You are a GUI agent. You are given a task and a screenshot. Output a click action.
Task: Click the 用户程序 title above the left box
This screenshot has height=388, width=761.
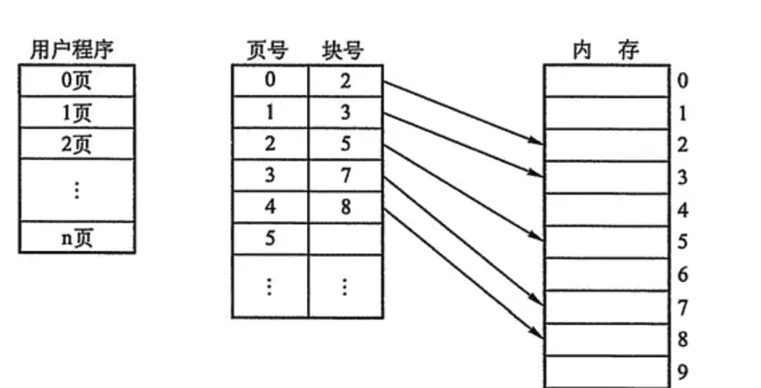(x=72, y=50)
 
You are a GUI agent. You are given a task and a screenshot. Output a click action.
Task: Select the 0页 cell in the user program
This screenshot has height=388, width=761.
(x=77, y=81)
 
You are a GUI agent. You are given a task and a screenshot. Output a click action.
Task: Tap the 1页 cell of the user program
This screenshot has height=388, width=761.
(x=77, y=113)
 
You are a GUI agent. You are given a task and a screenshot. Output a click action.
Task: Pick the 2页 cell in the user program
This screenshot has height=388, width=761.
(x=77, y=144)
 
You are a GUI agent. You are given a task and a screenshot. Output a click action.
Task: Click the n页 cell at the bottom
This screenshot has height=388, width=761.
(x=77, y=238)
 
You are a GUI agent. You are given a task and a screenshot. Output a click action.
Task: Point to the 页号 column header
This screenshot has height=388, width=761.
(x=266, y=51)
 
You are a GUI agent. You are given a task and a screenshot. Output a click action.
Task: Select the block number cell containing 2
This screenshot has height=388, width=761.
(x=346, y=81)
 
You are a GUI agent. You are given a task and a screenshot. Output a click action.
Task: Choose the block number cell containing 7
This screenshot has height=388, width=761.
(x=346, y=175)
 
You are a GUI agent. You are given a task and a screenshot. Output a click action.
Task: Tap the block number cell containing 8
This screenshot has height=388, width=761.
(x=346, y=207)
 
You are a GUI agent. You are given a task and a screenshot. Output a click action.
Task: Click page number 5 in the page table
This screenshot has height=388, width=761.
(x=270, y=238)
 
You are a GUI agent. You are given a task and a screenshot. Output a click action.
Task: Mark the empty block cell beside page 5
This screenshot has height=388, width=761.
(x=346, y=239)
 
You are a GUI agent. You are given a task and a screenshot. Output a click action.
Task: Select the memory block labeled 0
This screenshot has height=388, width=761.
(x=607, y=81)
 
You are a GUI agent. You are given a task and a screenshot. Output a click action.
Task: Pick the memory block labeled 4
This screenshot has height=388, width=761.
(x=607, y=210)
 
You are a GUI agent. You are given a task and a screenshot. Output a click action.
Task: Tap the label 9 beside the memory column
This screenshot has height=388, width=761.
(x=682, y=372)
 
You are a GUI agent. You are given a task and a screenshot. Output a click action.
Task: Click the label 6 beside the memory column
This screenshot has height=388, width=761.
(x=682, y=275)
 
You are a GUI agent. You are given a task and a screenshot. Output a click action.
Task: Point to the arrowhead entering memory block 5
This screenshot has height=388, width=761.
(x=536, y=237)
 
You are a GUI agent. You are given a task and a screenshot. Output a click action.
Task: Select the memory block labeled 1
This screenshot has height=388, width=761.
(x=607, y=113)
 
